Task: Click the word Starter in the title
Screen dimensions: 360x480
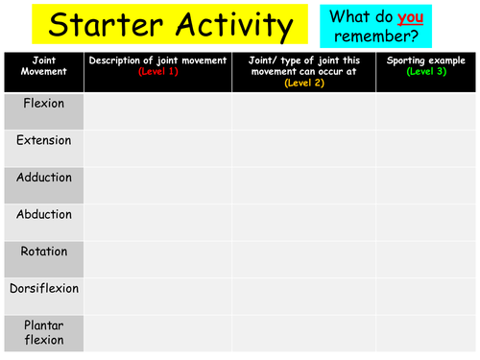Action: point(93,23)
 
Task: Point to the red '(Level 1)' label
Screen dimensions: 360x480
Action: point(158,72)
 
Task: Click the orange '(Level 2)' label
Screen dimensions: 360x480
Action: point(303,83)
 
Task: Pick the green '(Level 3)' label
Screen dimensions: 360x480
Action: point(426,72)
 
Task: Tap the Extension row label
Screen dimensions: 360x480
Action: point(43,140)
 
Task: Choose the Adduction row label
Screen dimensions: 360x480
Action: point(44,178)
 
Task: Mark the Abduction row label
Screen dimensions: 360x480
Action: point(44,214)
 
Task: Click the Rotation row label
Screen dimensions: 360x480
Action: point(43,252)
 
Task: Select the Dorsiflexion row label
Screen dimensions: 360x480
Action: point(44,288)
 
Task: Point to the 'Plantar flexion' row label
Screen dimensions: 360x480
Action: point(44,332)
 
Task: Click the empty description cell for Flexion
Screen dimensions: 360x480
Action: point(158,111)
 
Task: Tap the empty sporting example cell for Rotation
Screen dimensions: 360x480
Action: point(426,260)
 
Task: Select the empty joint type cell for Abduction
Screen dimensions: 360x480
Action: point(303,223)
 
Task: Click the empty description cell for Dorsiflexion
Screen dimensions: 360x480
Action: point(158,297)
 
